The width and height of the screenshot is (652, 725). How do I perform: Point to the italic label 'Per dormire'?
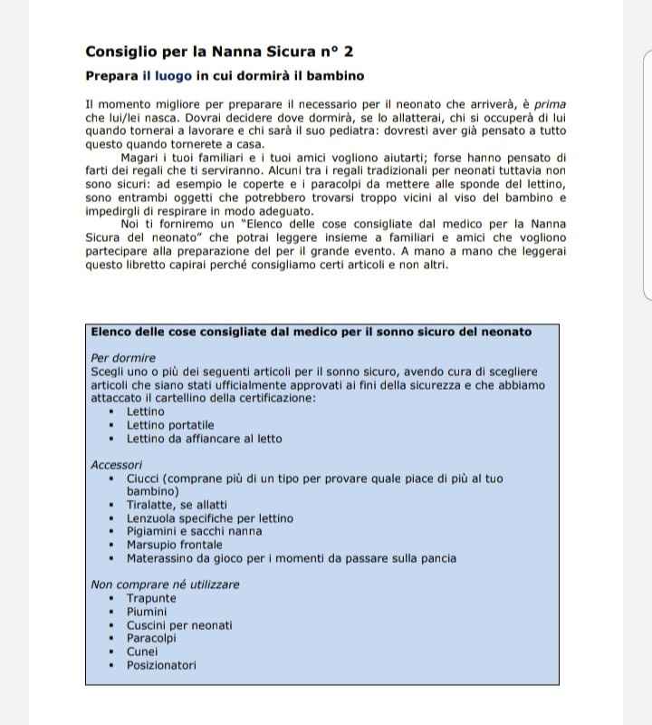pyautogui.click(x=123, y=358)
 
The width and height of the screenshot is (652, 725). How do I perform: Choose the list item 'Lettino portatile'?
pyautogui.click(x=170, y=425)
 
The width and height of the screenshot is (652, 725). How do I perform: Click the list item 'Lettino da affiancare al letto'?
pyautogui.click(x=204, y=439)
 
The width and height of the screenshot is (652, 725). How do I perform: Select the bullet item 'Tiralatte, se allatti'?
pyautogui.click(x=177, y=505)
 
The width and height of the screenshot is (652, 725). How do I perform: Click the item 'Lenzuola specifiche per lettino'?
pyautogui.click(x=209, y=518)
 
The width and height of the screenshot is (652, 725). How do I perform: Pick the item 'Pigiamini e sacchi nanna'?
pyautogui.click(x=194, y=532)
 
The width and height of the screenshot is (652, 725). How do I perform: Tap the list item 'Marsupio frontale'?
pyautogui.click(x=174, y=546)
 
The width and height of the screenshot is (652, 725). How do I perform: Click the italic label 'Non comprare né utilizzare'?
pyautogui.click(x=166, y=585)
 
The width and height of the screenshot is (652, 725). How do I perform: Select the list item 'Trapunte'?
pyautogui.click(x=151, y=598)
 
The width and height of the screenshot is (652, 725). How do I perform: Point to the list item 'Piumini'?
pyautogui.click(x=147, y=612)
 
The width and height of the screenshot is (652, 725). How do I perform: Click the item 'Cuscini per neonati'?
pyautogui.click(x=179, y=625)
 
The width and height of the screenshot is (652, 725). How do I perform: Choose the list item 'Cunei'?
pyautogui.click(x=142, y=652)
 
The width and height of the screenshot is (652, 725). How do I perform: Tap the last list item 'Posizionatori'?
pyautogui.click(x=161, y=665)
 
